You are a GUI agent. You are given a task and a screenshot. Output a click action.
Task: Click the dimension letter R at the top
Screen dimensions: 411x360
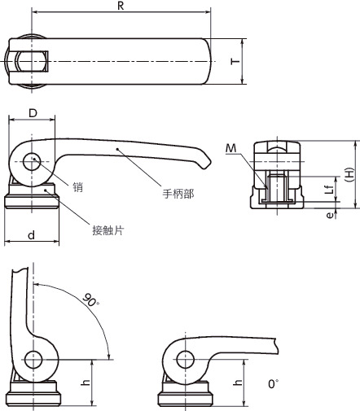121,7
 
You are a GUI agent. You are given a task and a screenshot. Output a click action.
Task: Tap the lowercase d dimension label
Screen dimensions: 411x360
30,234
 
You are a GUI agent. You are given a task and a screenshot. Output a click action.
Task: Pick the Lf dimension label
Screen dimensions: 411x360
328,190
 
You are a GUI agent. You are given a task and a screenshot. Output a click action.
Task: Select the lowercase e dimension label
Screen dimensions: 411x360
328,215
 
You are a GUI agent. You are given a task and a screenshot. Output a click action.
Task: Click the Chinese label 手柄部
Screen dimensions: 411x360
200,194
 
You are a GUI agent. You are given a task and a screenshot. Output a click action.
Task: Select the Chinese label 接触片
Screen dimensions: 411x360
108,230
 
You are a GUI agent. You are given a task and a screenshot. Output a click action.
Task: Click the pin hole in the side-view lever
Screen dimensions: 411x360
33,162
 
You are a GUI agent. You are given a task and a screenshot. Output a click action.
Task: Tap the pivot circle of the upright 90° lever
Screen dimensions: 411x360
33,359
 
